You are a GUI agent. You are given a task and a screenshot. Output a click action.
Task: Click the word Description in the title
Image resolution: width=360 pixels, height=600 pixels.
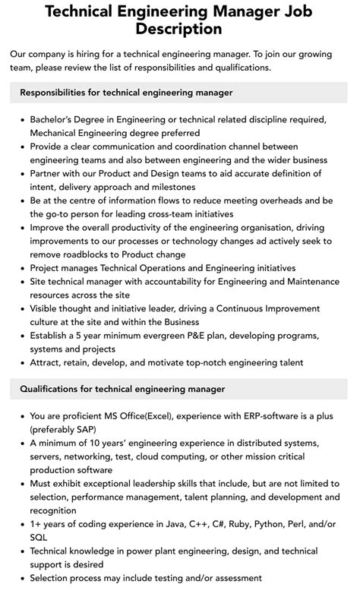[179, 30]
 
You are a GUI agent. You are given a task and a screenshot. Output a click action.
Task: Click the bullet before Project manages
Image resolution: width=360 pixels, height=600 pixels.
[21, 268]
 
